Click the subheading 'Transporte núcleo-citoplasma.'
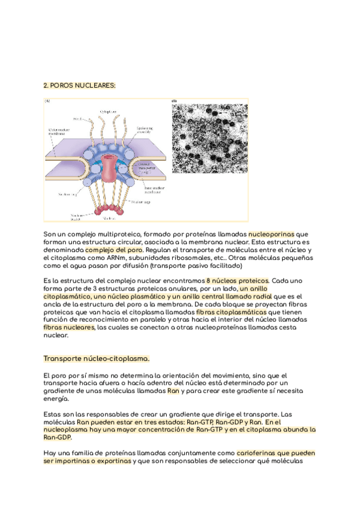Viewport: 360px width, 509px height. [x=96, y=359]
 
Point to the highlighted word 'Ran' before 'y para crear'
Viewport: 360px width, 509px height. [x=173, y=391]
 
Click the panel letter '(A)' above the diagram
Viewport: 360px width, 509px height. [x=46, y=101]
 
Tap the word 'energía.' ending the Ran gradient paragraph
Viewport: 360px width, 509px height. [x=56, y=399]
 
